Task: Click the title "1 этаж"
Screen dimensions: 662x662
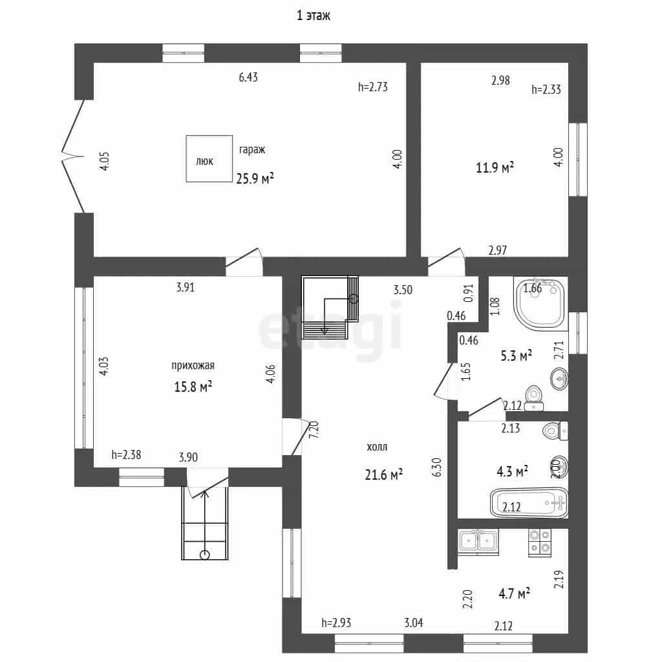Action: tap(314, 16)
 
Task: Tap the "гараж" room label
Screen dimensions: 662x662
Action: tap(252, 150)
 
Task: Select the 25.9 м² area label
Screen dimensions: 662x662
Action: tap(255, 178)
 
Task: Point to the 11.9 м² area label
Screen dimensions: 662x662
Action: tap(495, 167)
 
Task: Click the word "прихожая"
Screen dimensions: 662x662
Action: tap(193, 366)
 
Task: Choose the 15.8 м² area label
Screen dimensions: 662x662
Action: tap(193, 387)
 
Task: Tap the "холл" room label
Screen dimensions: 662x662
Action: tap(377, 447)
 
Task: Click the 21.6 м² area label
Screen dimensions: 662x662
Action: tap(383, 475)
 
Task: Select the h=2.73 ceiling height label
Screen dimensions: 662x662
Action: tap(373, 87)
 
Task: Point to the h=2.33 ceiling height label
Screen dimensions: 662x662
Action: tap(546, 89)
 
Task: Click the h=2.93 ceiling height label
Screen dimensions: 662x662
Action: tap(336, 623)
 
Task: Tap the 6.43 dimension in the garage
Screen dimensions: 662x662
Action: tap(248, 78)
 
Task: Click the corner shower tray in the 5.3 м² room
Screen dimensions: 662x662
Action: tap(540, 303)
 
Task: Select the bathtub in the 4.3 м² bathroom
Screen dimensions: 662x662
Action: tap(529, 502)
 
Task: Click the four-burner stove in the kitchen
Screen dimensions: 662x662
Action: tap(540, 542)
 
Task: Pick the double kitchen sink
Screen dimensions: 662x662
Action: tap(478, 541)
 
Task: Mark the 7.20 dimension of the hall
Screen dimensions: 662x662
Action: tap(314, 429)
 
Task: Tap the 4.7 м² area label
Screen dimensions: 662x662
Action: tap(514, 593)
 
